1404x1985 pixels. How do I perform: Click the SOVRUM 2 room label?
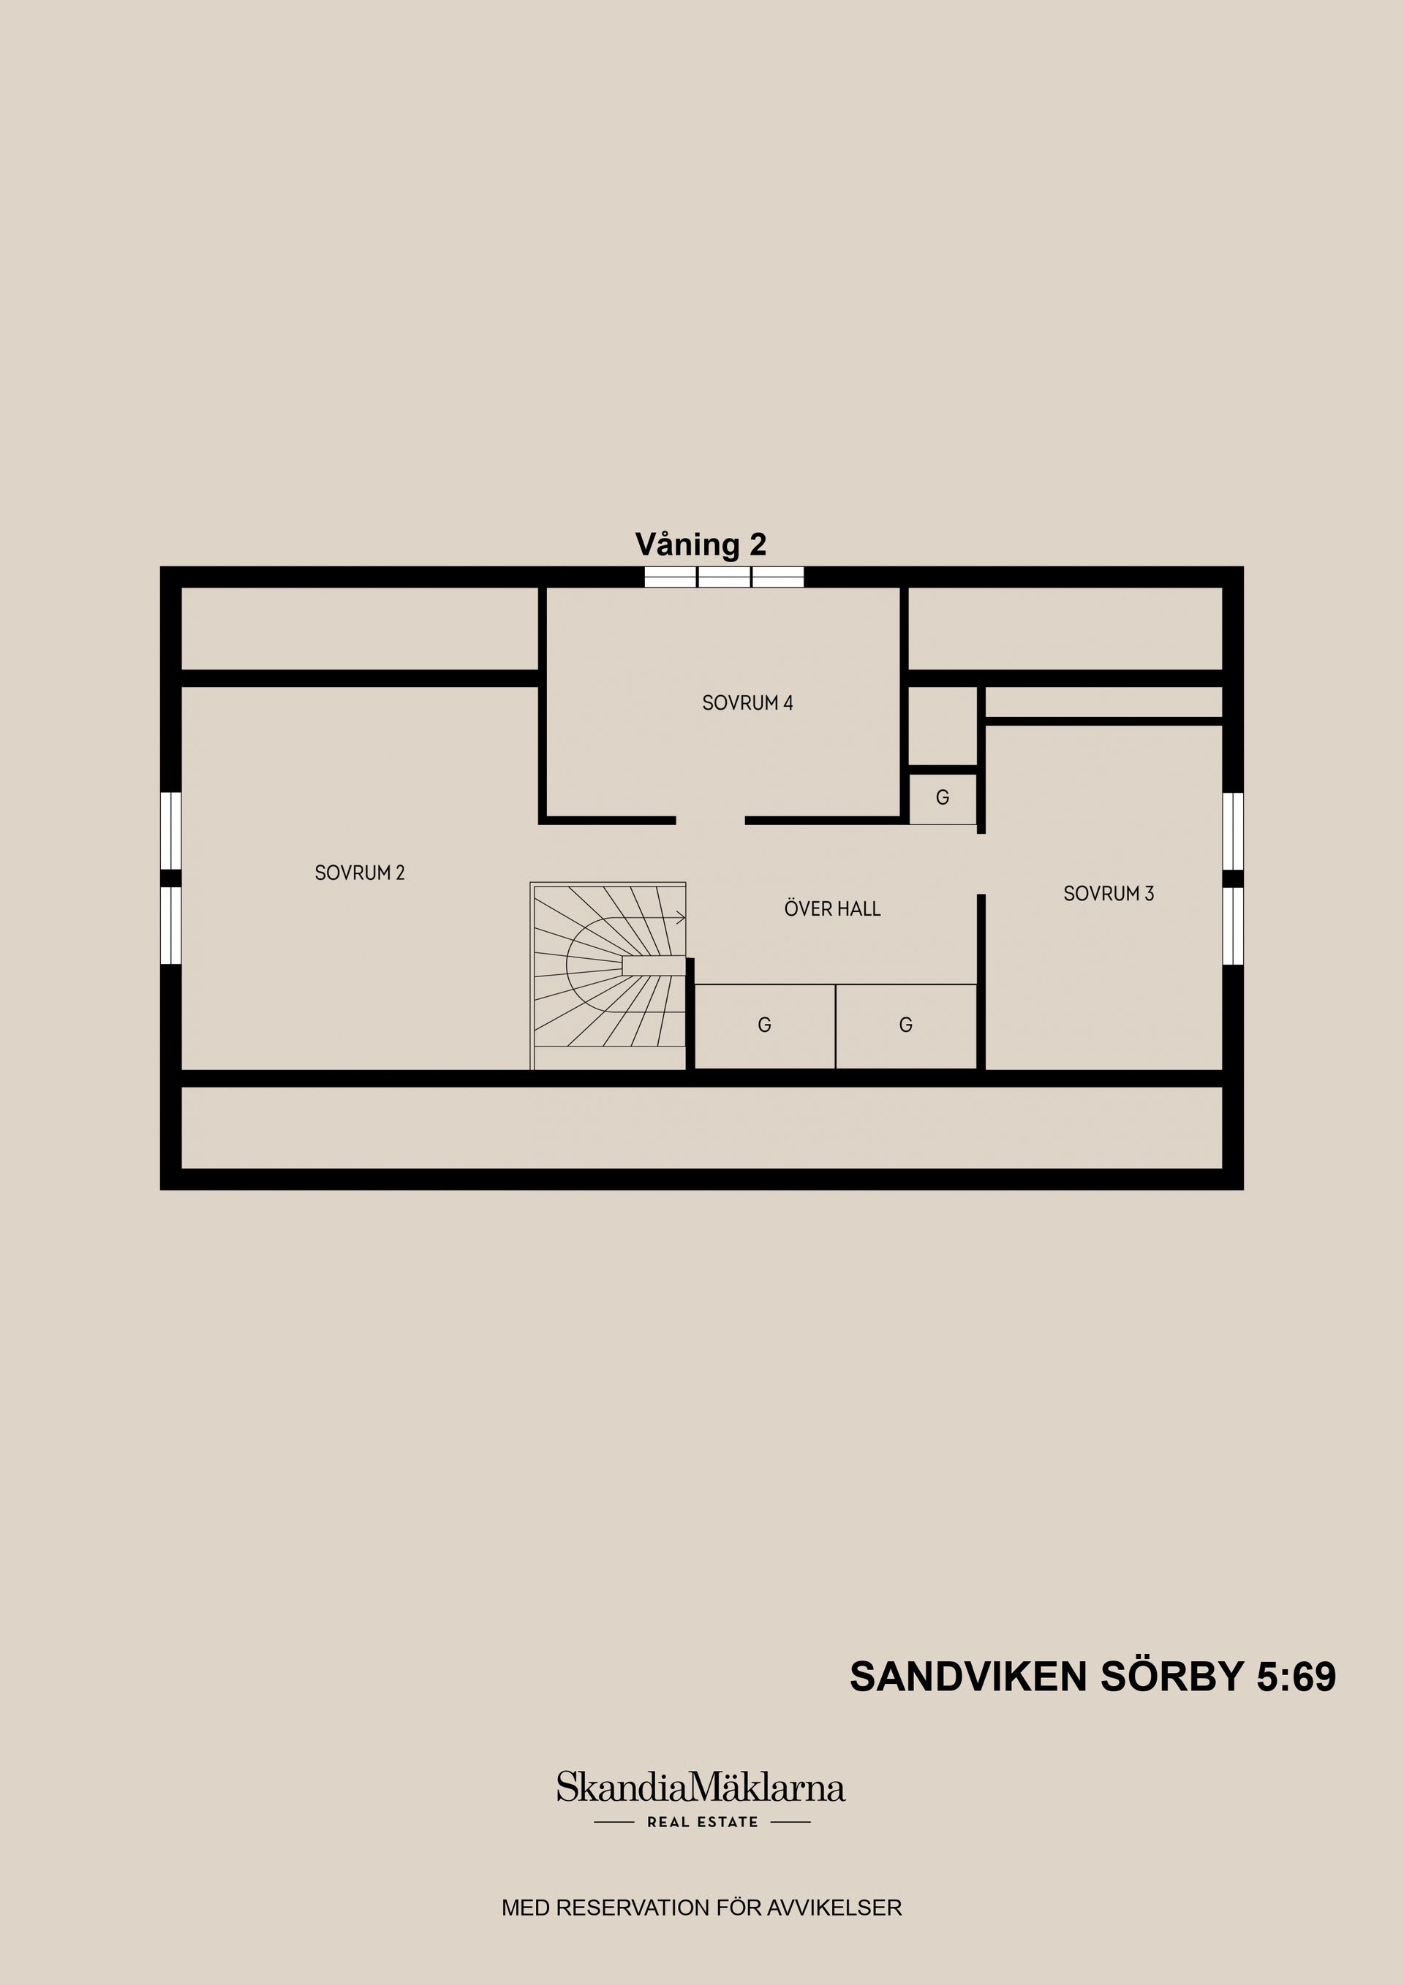click(x=359, y=873)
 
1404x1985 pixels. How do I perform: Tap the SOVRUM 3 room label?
click(x=1108, y=893)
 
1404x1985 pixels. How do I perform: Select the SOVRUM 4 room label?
click(x=747, y=703)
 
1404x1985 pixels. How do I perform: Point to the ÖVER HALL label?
click(x=832, y=908)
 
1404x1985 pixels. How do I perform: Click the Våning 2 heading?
click(x=701, y=544)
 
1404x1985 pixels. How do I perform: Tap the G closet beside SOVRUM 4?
click(x=942, y=797)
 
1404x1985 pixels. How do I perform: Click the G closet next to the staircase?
click(x=764, y=1025)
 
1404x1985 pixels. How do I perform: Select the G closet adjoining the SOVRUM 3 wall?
click(x=906, y=1025)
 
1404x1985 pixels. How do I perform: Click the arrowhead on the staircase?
click(x=681, y=918)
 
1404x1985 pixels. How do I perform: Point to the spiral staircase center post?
click(x=652, y=965)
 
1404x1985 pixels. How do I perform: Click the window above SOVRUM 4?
click(x=724, y=577)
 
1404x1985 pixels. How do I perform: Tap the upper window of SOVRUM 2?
click(x=172, y=830)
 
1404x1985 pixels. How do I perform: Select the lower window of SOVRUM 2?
click(x=172, y=925)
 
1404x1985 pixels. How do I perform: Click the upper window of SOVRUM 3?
click(x=1233, y=830)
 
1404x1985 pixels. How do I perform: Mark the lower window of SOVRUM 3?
click(x=1233, y=925)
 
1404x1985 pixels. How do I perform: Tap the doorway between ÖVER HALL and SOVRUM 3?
click(x=981, y=864)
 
